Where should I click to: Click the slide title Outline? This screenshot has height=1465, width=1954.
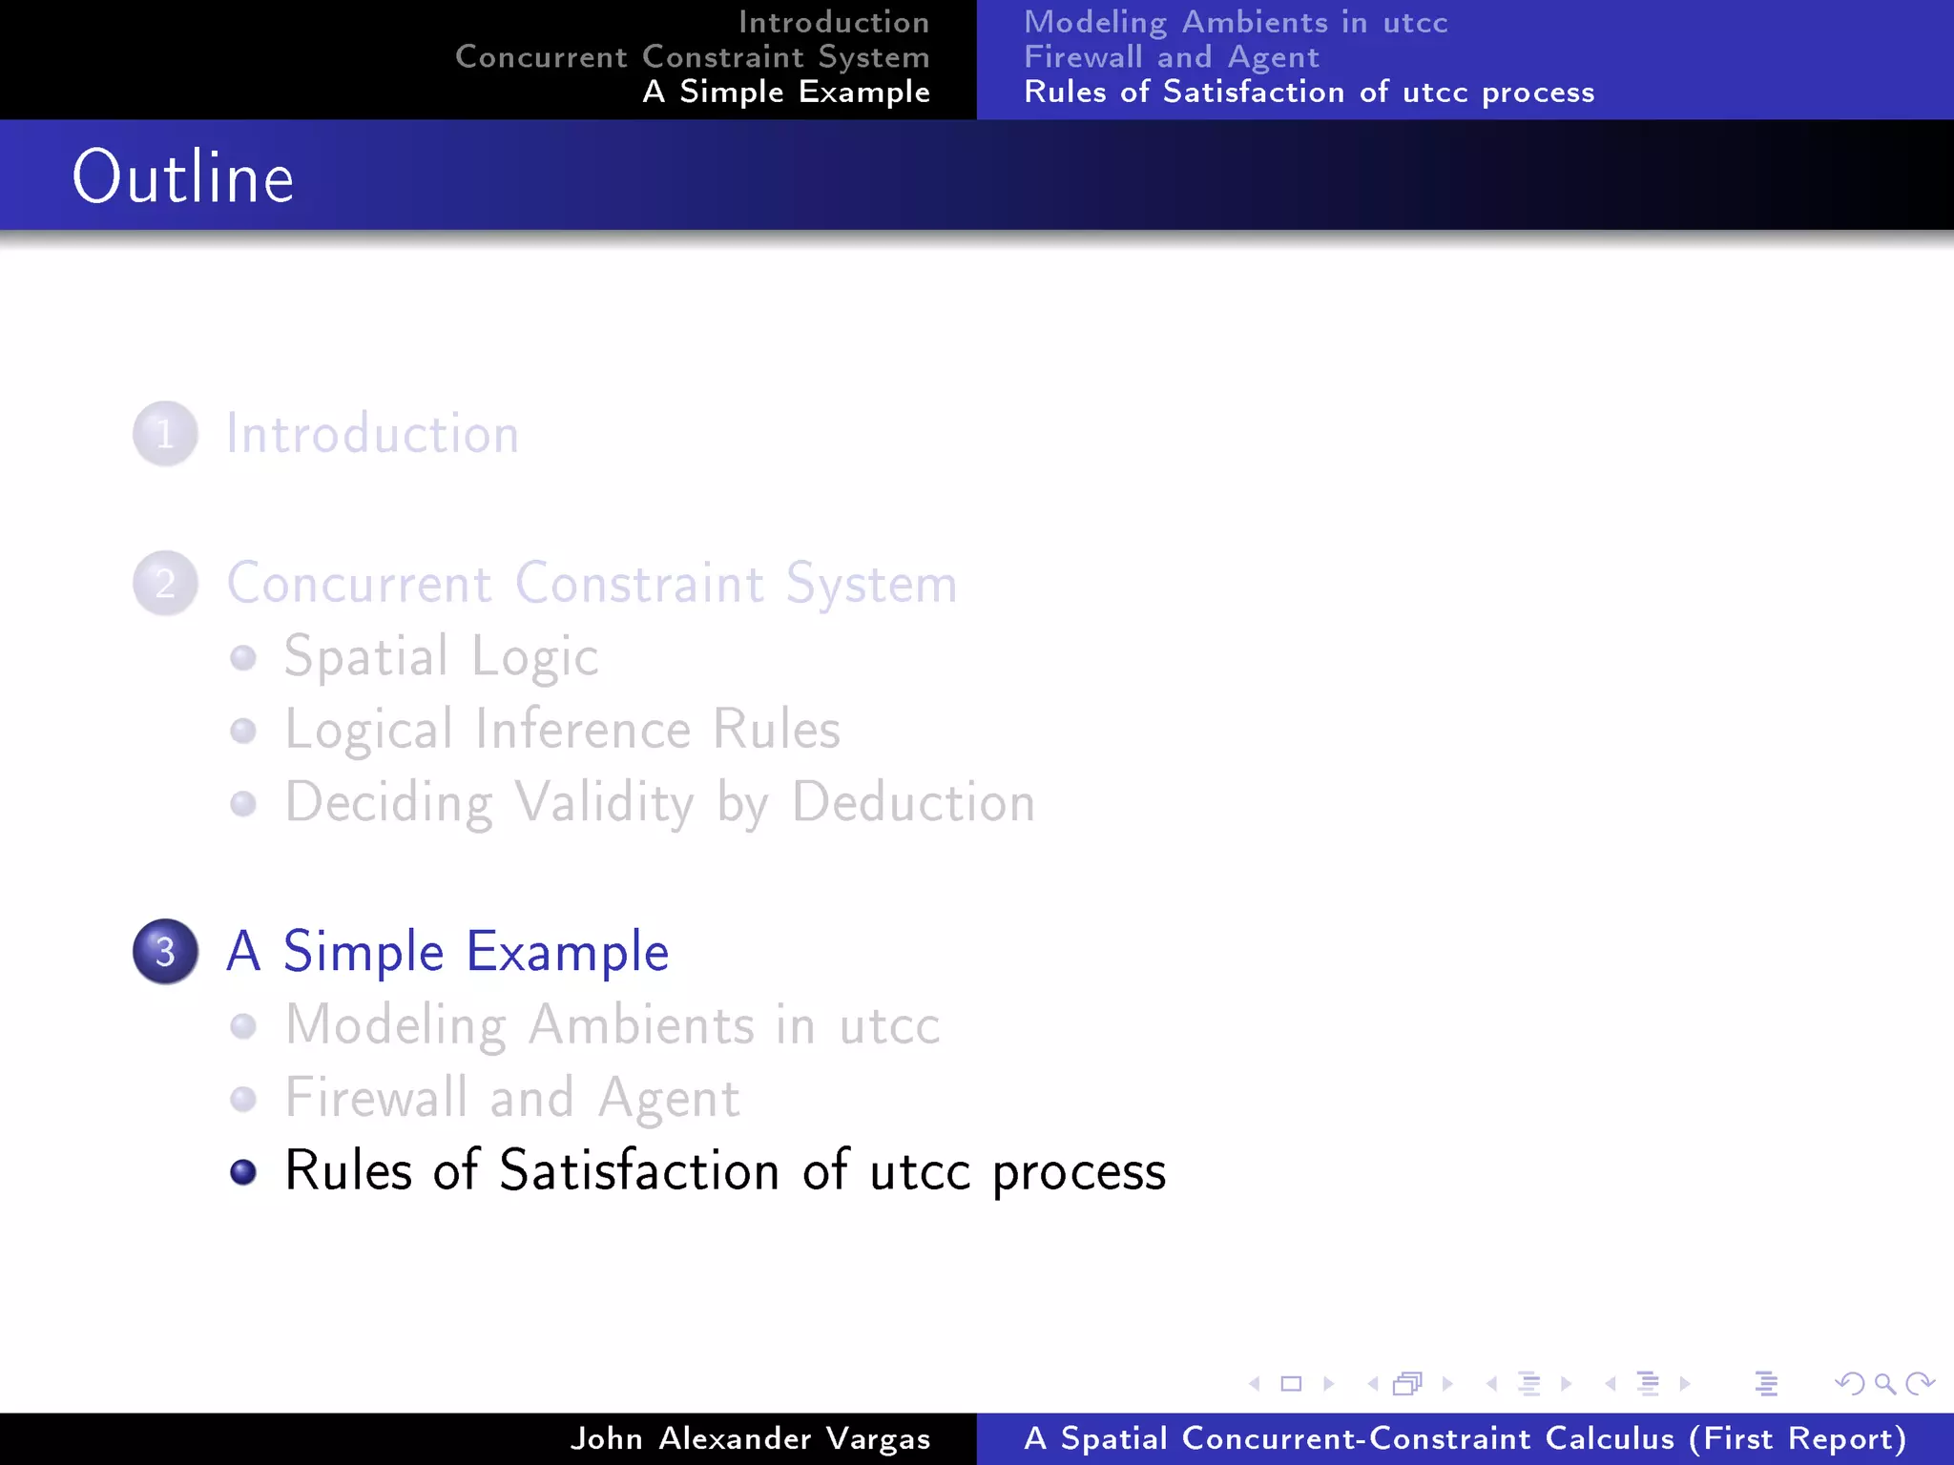pos(183,177)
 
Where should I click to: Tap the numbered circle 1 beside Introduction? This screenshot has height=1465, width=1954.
pos(165,434)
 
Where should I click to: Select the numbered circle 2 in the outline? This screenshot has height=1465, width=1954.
pos(165,583)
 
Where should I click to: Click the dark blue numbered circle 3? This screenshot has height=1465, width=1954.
pos(165,951)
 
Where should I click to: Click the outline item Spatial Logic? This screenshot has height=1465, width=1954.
pos(441,657)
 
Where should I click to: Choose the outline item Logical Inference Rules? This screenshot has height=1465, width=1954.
pos(563,730)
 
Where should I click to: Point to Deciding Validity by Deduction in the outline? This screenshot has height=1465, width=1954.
pos(659,802)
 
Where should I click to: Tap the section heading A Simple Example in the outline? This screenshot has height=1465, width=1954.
pos(447,951)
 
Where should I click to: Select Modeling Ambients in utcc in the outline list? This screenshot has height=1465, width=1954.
pos(613,1025)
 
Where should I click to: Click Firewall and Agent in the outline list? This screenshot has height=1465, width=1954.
pos(512,1098)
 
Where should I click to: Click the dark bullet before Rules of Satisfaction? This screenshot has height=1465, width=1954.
pos(243,1171)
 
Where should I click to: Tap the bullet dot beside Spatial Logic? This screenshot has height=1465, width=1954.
pos(243,657)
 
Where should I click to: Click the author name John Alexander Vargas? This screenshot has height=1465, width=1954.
pos(750,1438)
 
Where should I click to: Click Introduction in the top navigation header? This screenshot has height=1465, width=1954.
pos(833,22)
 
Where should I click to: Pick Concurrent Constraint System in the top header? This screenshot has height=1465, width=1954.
pos(692,56)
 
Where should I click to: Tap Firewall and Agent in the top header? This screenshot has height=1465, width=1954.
pos(1172,56)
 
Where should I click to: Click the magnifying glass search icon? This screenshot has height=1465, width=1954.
pos(1884,1383)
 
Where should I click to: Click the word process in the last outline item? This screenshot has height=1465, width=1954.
pos(1079,1171)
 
